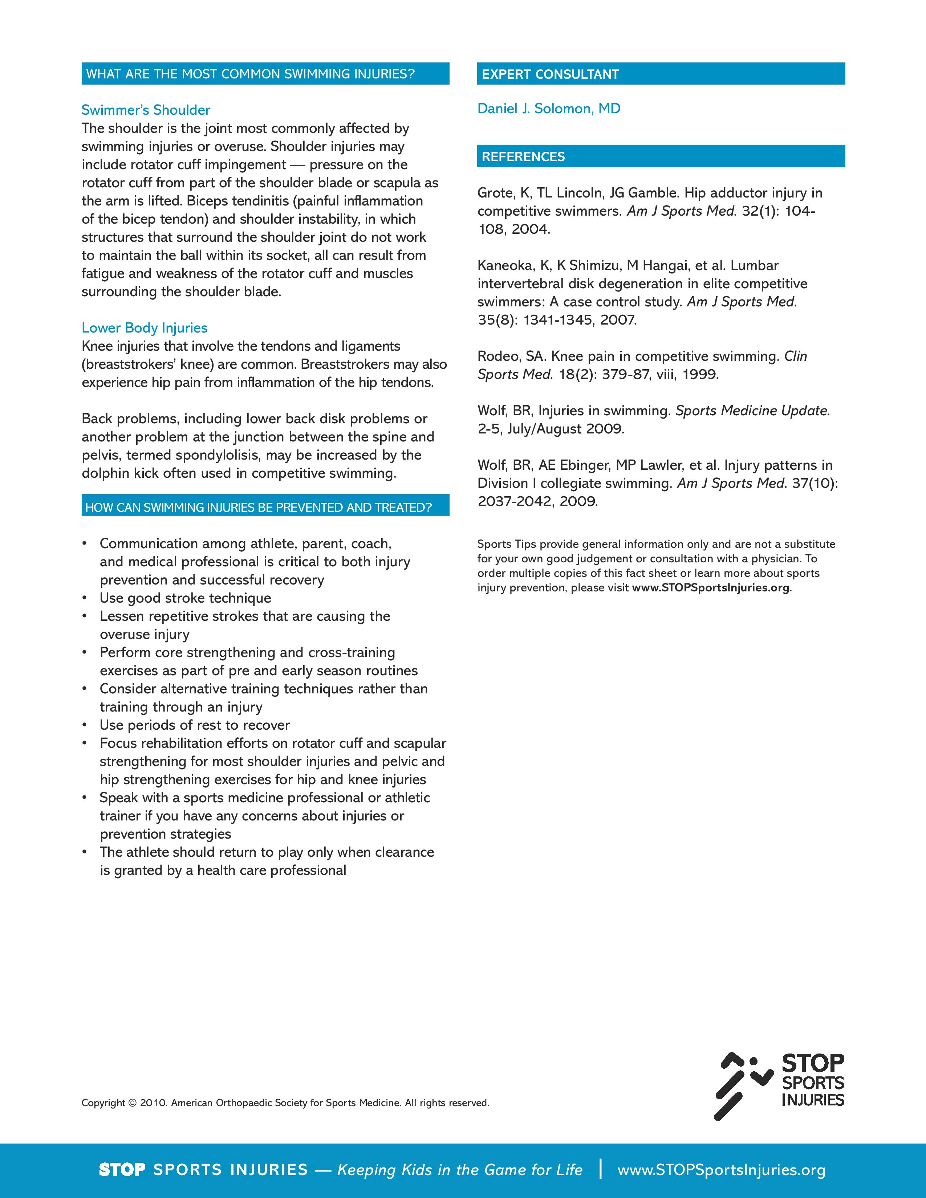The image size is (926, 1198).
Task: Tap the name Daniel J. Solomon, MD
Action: coord(549,109)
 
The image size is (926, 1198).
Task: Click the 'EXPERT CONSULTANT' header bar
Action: coord(661,74)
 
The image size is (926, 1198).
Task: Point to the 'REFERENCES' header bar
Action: coord(661,156)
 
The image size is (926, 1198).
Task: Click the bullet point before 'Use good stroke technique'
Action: coord(85,598)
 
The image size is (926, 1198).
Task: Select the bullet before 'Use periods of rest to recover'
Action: coord(85,725)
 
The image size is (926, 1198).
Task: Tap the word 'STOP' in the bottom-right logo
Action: coord(812,1064)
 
